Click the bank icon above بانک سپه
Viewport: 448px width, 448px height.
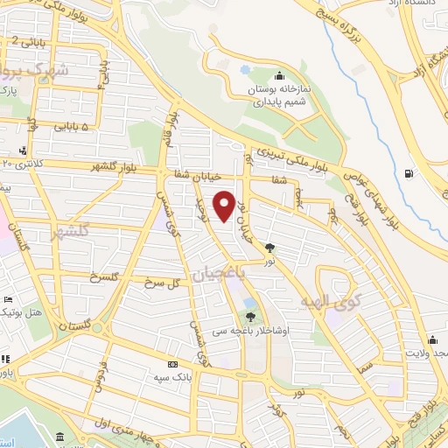[172, 364]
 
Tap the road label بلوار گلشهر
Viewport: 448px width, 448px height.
[113, 167]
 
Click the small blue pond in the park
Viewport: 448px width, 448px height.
[245, 68]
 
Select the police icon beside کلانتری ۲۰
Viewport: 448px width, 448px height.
[22, 150]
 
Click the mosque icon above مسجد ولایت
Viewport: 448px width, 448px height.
[432, 340]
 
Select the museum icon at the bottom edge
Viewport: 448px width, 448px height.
[59, 437]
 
